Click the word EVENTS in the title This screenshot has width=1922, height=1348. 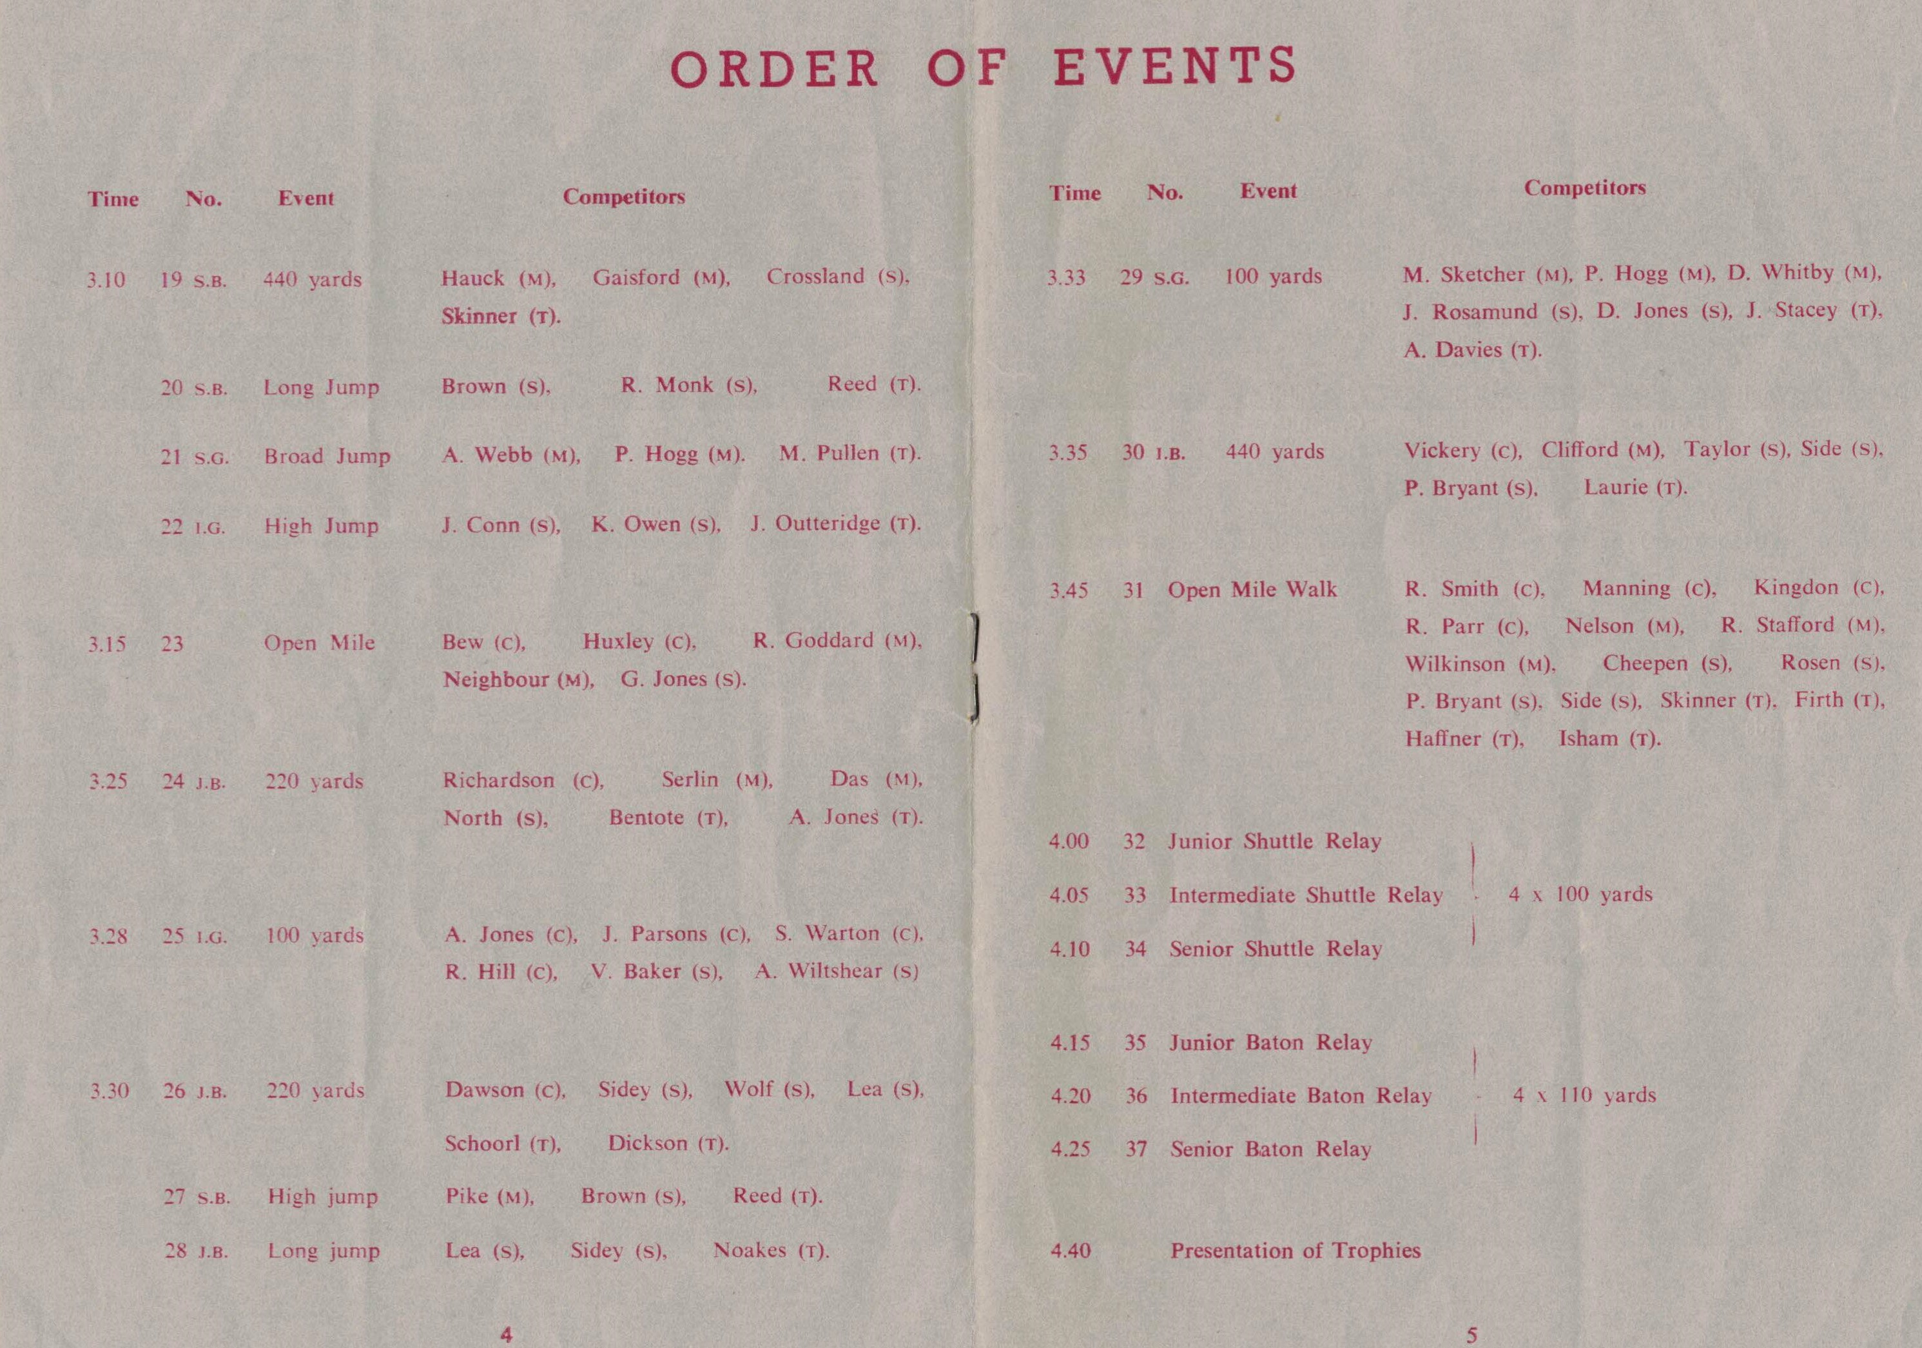click(1174, 67)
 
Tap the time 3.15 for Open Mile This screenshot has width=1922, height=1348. click(107, 644)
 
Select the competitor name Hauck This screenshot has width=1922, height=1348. click(473, 278)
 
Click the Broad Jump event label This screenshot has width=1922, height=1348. click(327, 456)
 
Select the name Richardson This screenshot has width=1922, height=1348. click(498, 780)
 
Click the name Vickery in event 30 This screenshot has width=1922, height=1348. click(1441, 451)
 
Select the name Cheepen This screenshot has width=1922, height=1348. click(1645, 663)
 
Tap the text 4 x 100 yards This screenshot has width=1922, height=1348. click(1580, 894)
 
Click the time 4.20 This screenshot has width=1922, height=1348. click(1071, 1096)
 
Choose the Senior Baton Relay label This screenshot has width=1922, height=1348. click(1271, 1149)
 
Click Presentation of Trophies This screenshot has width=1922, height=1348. click(1295, 1250)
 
